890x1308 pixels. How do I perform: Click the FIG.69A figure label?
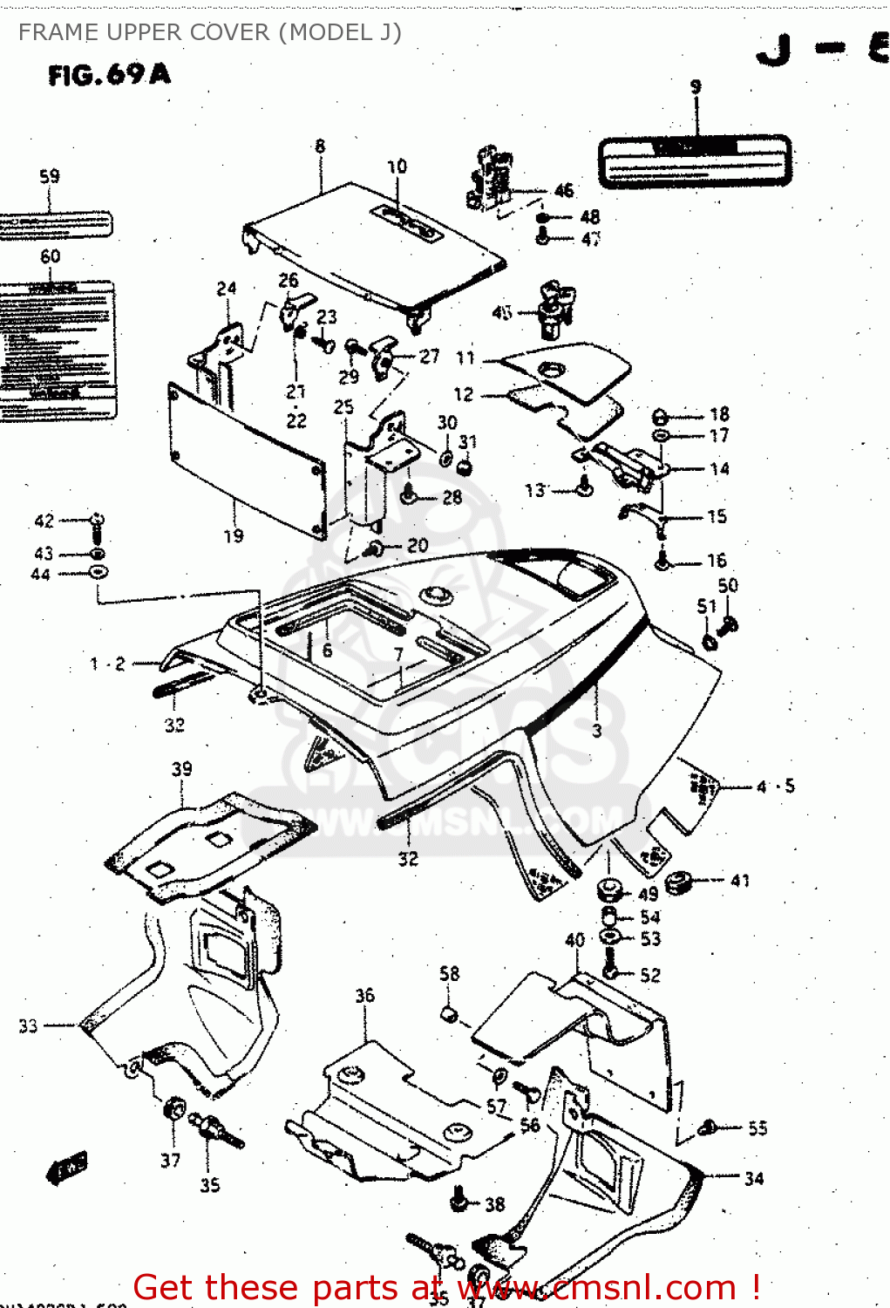coord(109,75)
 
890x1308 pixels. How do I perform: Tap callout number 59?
coord(50,176)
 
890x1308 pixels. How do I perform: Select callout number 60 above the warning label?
coord(51,256)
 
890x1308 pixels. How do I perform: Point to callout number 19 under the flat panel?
coord(234,535)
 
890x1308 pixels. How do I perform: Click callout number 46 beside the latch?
coord(564,190)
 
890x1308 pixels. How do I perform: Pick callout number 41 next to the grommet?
coord(740,881)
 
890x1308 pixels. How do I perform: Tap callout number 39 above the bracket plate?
coord(181,769)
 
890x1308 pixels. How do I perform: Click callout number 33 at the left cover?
coord(29,1025)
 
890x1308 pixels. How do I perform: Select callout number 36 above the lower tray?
coord(364,995)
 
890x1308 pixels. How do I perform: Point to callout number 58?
coord(449,973)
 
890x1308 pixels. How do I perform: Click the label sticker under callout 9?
coord(695,161)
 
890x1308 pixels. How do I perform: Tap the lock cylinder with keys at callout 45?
coord(554,310)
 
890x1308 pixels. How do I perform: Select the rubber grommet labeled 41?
coord(679,883)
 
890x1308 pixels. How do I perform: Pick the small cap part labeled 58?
coord(449,1013)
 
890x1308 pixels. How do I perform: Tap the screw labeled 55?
coord(708,1127)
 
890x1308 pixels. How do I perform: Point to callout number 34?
coord(754,1178)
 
